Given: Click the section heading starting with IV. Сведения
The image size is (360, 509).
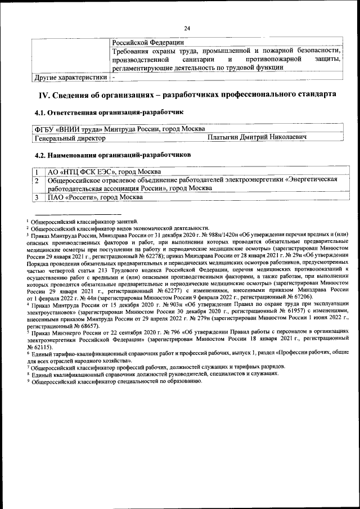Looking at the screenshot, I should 187,94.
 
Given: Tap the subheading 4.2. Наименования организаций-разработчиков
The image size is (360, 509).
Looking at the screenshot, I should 112,154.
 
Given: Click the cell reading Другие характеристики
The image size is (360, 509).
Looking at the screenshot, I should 71,77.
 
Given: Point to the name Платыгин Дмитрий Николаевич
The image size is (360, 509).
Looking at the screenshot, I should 256,137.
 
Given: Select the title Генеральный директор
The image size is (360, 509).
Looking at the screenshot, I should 70,137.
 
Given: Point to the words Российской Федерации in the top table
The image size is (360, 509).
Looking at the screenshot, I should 147,42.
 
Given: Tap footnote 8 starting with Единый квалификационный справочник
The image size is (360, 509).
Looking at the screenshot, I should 155,373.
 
